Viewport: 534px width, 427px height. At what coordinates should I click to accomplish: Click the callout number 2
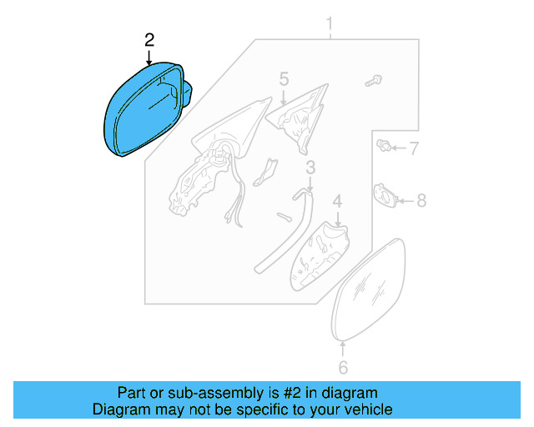[x=149, y=39]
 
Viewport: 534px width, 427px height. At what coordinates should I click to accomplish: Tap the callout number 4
[x=337, y=202]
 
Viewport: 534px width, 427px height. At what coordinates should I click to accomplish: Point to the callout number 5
[x=284, y=79]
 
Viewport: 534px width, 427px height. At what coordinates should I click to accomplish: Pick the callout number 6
[x=342, y=367]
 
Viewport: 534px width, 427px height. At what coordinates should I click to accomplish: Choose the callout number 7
[x=413, y=149]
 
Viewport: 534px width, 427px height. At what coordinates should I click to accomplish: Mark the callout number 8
[x=421, y=200]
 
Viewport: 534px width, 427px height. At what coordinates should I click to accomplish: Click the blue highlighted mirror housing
[x=142, y=113]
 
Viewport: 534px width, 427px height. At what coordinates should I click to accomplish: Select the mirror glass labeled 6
[x=369, y=288]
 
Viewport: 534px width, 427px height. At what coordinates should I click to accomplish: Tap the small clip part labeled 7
[x=385, y=148]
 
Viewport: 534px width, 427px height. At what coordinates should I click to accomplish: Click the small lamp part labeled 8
[x=385, y=196]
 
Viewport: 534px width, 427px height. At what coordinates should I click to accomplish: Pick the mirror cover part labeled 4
[x=319, y=254]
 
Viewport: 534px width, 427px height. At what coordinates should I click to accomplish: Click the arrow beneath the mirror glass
[x=342, y=349]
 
